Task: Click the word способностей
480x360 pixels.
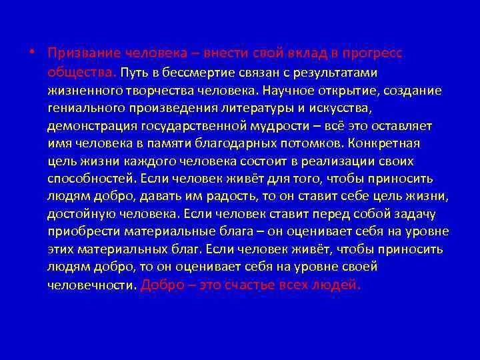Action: tap(91, 179)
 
